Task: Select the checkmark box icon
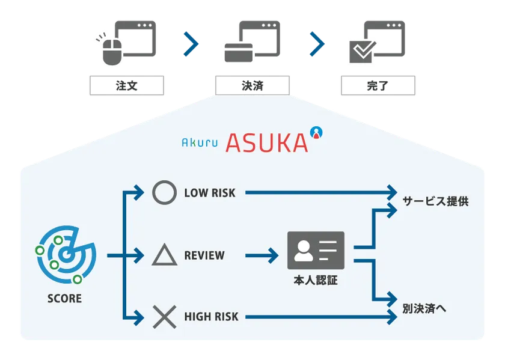[x=361, y=52]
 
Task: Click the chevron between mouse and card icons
[x=191, y=43]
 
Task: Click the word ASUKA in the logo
[x=267, y=142]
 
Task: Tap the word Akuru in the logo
[x=200, y=143]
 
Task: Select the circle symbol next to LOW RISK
[x=164, y=193]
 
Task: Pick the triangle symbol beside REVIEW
[x=164, y=255]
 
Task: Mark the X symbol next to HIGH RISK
[x=164, y=317]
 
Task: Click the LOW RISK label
[x=210, y=193]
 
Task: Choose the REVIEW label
[x=204, y=255]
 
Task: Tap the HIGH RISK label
[x=211, y=317]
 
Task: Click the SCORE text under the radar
[x=64, y=298]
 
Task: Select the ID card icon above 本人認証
[x=316, y=250]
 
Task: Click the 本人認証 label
[x=316, y=279]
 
